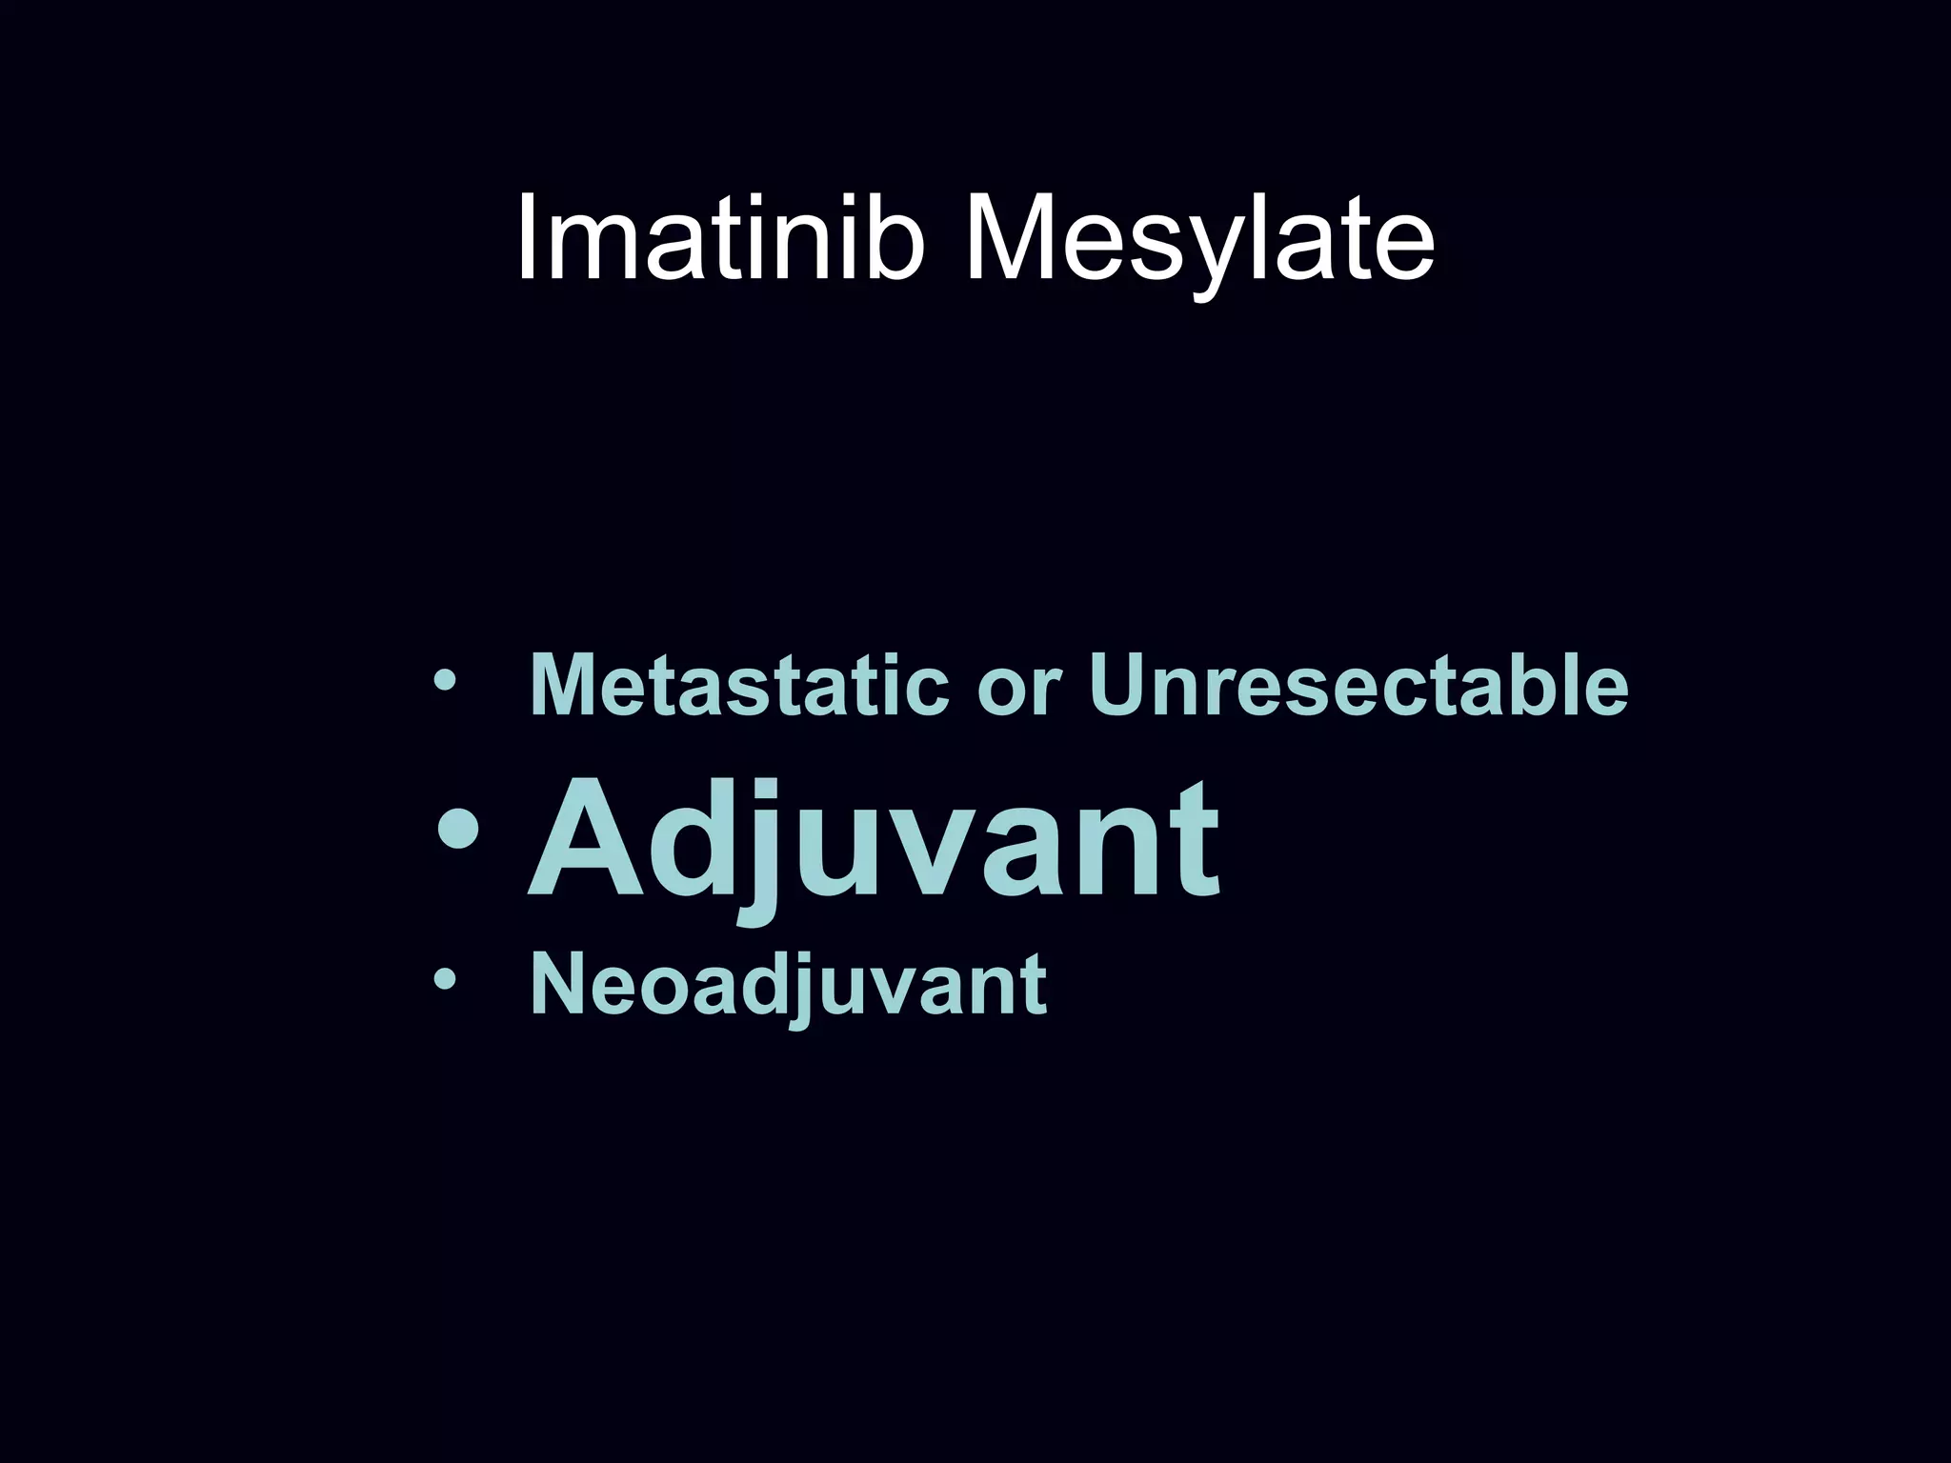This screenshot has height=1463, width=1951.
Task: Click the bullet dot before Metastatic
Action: click(444, 682)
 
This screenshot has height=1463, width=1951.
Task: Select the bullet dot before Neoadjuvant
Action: click(444, 980)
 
